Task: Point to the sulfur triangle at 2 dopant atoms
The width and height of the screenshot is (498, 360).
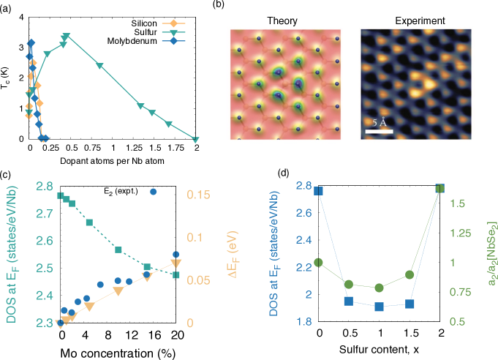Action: point(196,139)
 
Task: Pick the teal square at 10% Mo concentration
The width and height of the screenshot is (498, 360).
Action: point(118,250)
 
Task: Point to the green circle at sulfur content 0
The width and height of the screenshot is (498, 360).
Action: point(319,263)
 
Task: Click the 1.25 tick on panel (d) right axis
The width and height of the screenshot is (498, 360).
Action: point(467,233)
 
